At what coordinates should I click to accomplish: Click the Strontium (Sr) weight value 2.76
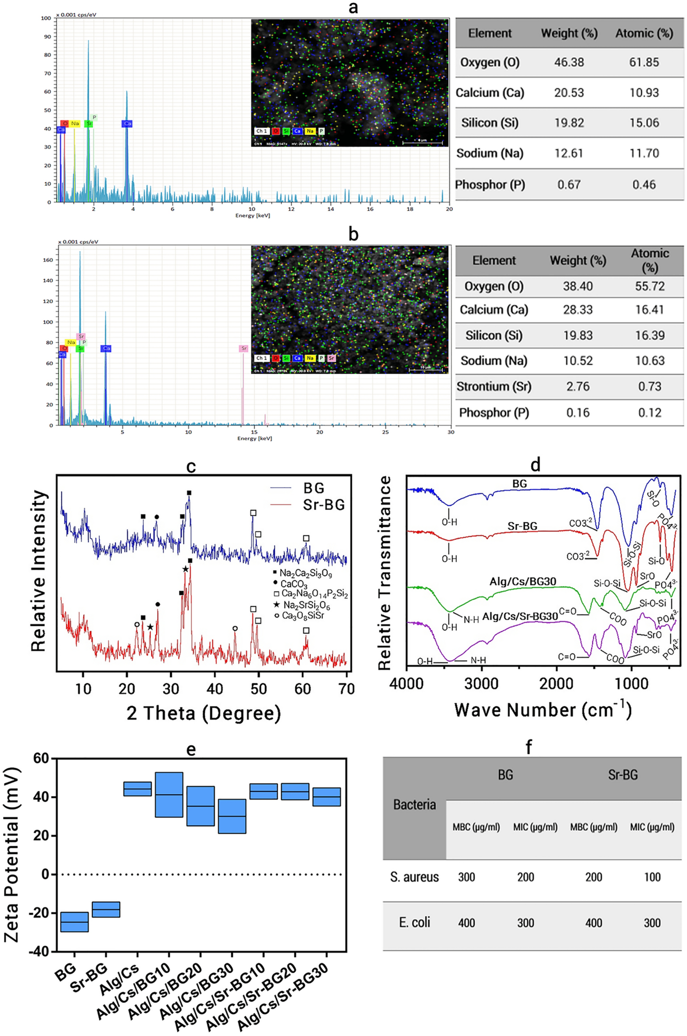click(577, 386)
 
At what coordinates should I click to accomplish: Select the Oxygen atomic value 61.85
click(644, 62)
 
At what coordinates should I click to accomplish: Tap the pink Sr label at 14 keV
click(243, 348)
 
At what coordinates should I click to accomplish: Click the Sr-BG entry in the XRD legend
click(324, 505)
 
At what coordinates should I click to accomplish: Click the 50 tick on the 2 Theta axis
click(258, 689)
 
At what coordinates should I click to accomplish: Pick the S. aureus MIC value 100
click(652, 877)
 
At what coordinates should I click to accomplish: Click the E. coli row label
click(414, 923)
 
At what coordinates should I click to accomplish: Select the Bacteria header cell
click(414, 805)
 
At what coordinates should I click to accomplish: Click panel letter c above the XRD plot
click(191, 466)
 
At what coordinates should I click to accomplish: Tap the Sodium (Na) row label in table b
click(494, 361)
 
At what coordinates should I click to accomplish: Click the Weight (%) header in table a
click(569, 33)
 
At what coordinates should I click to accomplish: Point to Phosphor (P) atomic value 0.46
click(644, 185)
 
